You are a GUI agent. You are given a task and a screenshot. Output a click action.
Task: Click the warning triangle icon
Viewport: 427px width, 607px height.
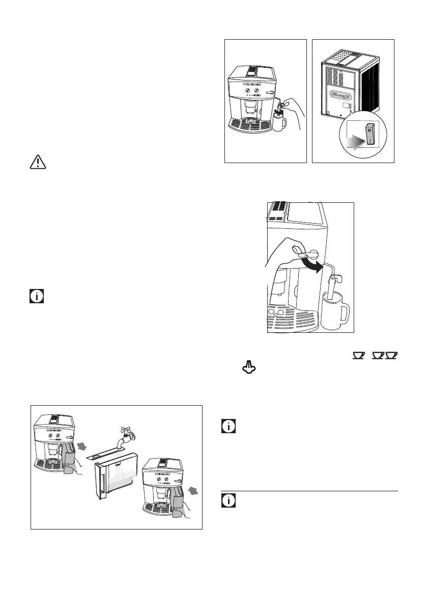36,162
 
